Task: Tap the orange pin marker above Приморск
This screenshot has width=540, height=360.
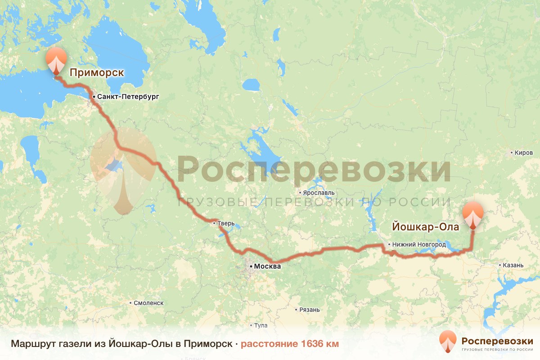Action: tap(56, 59)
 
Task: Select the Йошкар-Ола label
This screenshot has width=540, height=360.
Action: tap(426, 227)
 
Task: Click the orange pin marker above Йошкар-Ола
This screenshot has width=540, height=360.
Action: tap(473, 213)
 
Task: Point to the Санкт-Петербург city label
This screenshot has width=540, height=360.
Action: tap(128, 97)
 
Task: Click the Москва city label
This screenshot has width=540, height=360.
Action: tap(267, 266)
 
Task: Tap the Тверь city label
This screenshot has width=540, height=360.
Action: tap(225, 222)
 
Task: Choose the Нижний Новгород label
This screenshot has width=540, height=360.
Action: tap(419, 244)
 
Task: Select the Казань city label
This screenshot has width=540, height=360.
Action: tap(513, 265)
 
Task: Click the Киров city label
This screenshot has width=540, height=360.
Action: tap(524, 153)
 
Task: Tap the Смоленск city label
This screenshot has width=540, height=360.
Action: tap(148, 303)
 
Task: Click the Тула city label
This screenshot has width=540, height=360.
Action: tap(261, 325)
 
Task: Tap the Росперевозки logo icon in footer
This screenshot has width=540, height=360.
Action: tap(448, 342)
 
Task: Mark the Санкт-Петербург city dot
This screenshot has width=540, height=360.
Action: tap(93, 97)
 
